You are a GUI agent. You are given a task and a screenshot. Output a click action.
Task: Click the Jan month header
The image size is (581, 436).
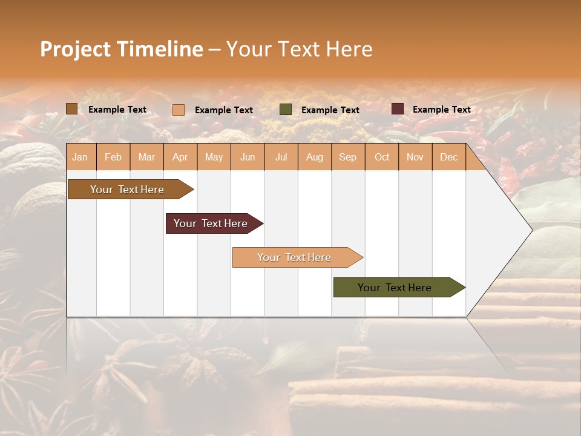[x=80, y=157]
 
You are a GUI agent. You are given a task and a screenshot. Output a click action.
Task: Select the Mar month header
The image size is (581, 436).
[x=146, y=157]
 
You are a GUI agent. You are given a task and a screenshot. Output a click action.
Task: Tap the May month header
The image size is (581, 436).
[x=214, y=157]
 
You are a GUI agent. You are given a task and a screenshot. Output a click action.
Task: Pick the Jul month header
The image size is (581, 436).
[x=281, y=157]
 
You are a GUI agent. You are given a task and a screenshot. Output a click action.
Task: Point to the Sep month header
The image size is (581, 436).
[x=347, y=157]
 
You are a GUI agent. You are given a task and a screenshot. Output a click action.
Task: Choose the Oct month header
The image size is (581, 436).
[x=382, y=157]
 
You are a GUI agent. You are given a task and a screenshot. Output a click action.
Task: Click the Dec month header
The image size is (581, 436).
[x=448, y=157]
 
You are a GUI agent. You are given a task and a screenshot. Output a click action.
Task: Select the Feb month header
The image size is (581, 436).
[x=113, y=157]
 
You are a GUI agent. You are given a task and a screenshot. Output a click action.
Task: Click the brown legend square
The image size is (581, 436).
[x=71, y=109]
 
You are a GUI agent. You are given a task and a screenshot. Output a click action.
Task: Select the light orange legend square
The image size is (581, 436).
[x=179, y=110]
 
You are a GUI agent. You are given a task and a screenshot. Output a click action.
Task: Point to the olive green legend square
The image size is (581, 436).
[x=286, y=110]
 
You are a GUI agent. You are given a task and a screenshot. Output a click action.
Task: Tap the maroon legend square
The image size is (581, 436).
[x=398, y=109]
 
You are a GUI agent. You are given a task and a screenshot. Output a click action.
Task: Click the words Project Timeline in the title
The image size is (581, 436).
[x=121, y=49]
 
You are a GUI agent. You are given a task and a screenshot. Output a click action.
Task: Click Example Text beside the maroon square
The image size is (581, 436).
[x=441, y=110]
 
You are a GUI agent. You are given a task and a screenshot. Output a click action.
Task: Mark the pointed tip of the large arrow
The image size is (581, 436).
[x=531, y=230]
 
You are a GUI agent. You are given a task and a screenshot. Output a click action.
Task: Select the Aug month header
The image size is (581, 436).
[x=314, y=157]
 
